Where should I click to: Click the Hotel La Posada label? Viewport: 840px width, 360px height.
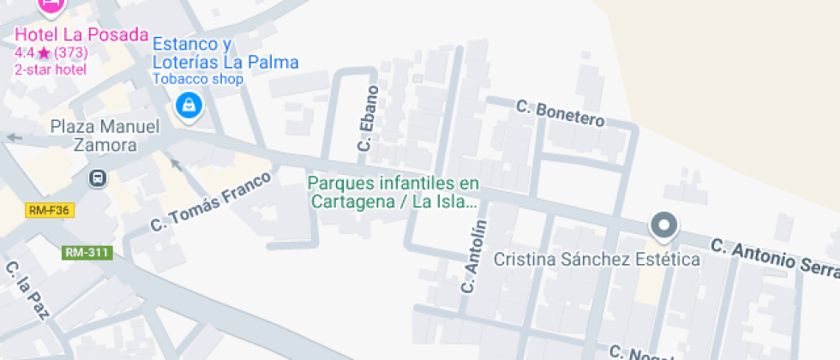81,36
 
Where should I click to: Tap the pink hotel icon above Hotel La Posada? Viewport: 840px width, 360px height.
51,5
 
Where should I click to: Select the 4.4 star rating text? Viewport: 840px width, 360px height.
51,53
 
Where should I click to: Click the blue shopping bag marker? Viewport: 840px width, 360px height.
187,105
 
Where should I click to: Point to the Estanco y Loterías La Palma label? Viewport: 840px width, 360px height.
225,53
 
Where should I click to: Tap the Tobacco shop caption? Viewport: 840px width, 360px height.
198,79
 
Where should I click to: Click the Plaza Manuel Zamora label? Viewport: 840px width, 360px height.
105,135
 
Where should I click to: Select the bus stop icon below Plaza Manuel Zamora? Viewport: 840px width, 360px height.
99,178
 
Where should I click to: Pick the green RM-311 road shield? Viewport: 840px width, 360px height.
87,253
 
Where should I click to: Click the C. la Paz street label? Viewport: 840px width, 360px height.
27,291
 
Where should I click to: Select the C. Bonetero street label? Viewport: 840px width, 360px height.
560,112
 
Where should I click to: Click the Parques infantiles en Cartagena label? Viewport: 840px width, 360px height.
393,193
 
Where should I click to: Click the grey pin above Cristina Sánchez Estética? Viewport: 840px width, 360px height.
663,225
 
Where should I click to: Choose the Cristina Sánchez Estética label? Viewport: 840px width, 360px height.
597,259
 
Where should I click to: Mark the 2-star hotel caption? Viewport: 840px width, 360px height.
50,69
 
